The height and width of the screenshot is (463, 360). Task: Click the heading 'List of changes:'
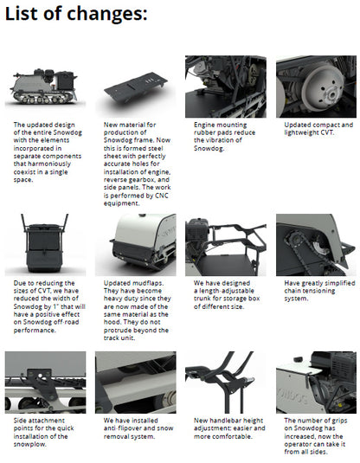pos(76,14)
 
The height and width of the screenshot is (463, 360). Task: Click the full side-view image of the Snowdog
pos(45,87)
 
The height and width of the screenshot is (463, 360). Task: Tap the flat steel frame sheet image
pos(136,87)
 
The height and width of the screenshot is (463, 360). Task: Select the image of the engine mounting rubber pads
pos(226,87)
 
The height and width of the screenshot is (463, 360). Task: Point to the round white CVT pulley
pos(323,87)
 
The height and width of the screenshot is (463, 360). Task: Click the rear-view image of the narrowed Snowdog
pos(45,245)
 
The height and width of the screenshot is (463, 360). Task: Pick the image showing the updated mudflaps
pos(136,245)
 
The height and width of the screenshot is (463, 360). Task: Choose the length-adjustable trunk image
pos(226,245)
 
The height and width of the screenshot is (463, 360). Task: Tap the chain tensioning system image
pos(316,245)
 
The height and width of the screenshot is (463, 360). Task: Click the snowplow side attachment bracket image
pos(45,383)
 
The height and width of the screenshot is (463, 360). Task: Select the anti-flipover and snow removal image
pos(136,383)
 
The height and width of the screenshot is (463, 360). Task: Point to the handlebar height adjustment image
pos(226,383)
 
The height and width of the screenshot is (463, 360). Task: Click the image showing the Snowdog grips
pos(316,383)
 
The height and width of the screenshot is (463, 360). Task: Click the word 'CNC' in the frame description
pos(162,196)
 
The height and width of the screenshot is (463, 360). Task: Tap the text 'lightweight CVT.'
pos(309,132)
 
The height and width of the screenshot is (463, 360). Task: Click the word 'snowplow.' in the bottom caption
pos(29,444)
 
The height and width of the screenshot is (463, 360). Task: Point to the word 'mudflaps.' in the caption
pos(151,283)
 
